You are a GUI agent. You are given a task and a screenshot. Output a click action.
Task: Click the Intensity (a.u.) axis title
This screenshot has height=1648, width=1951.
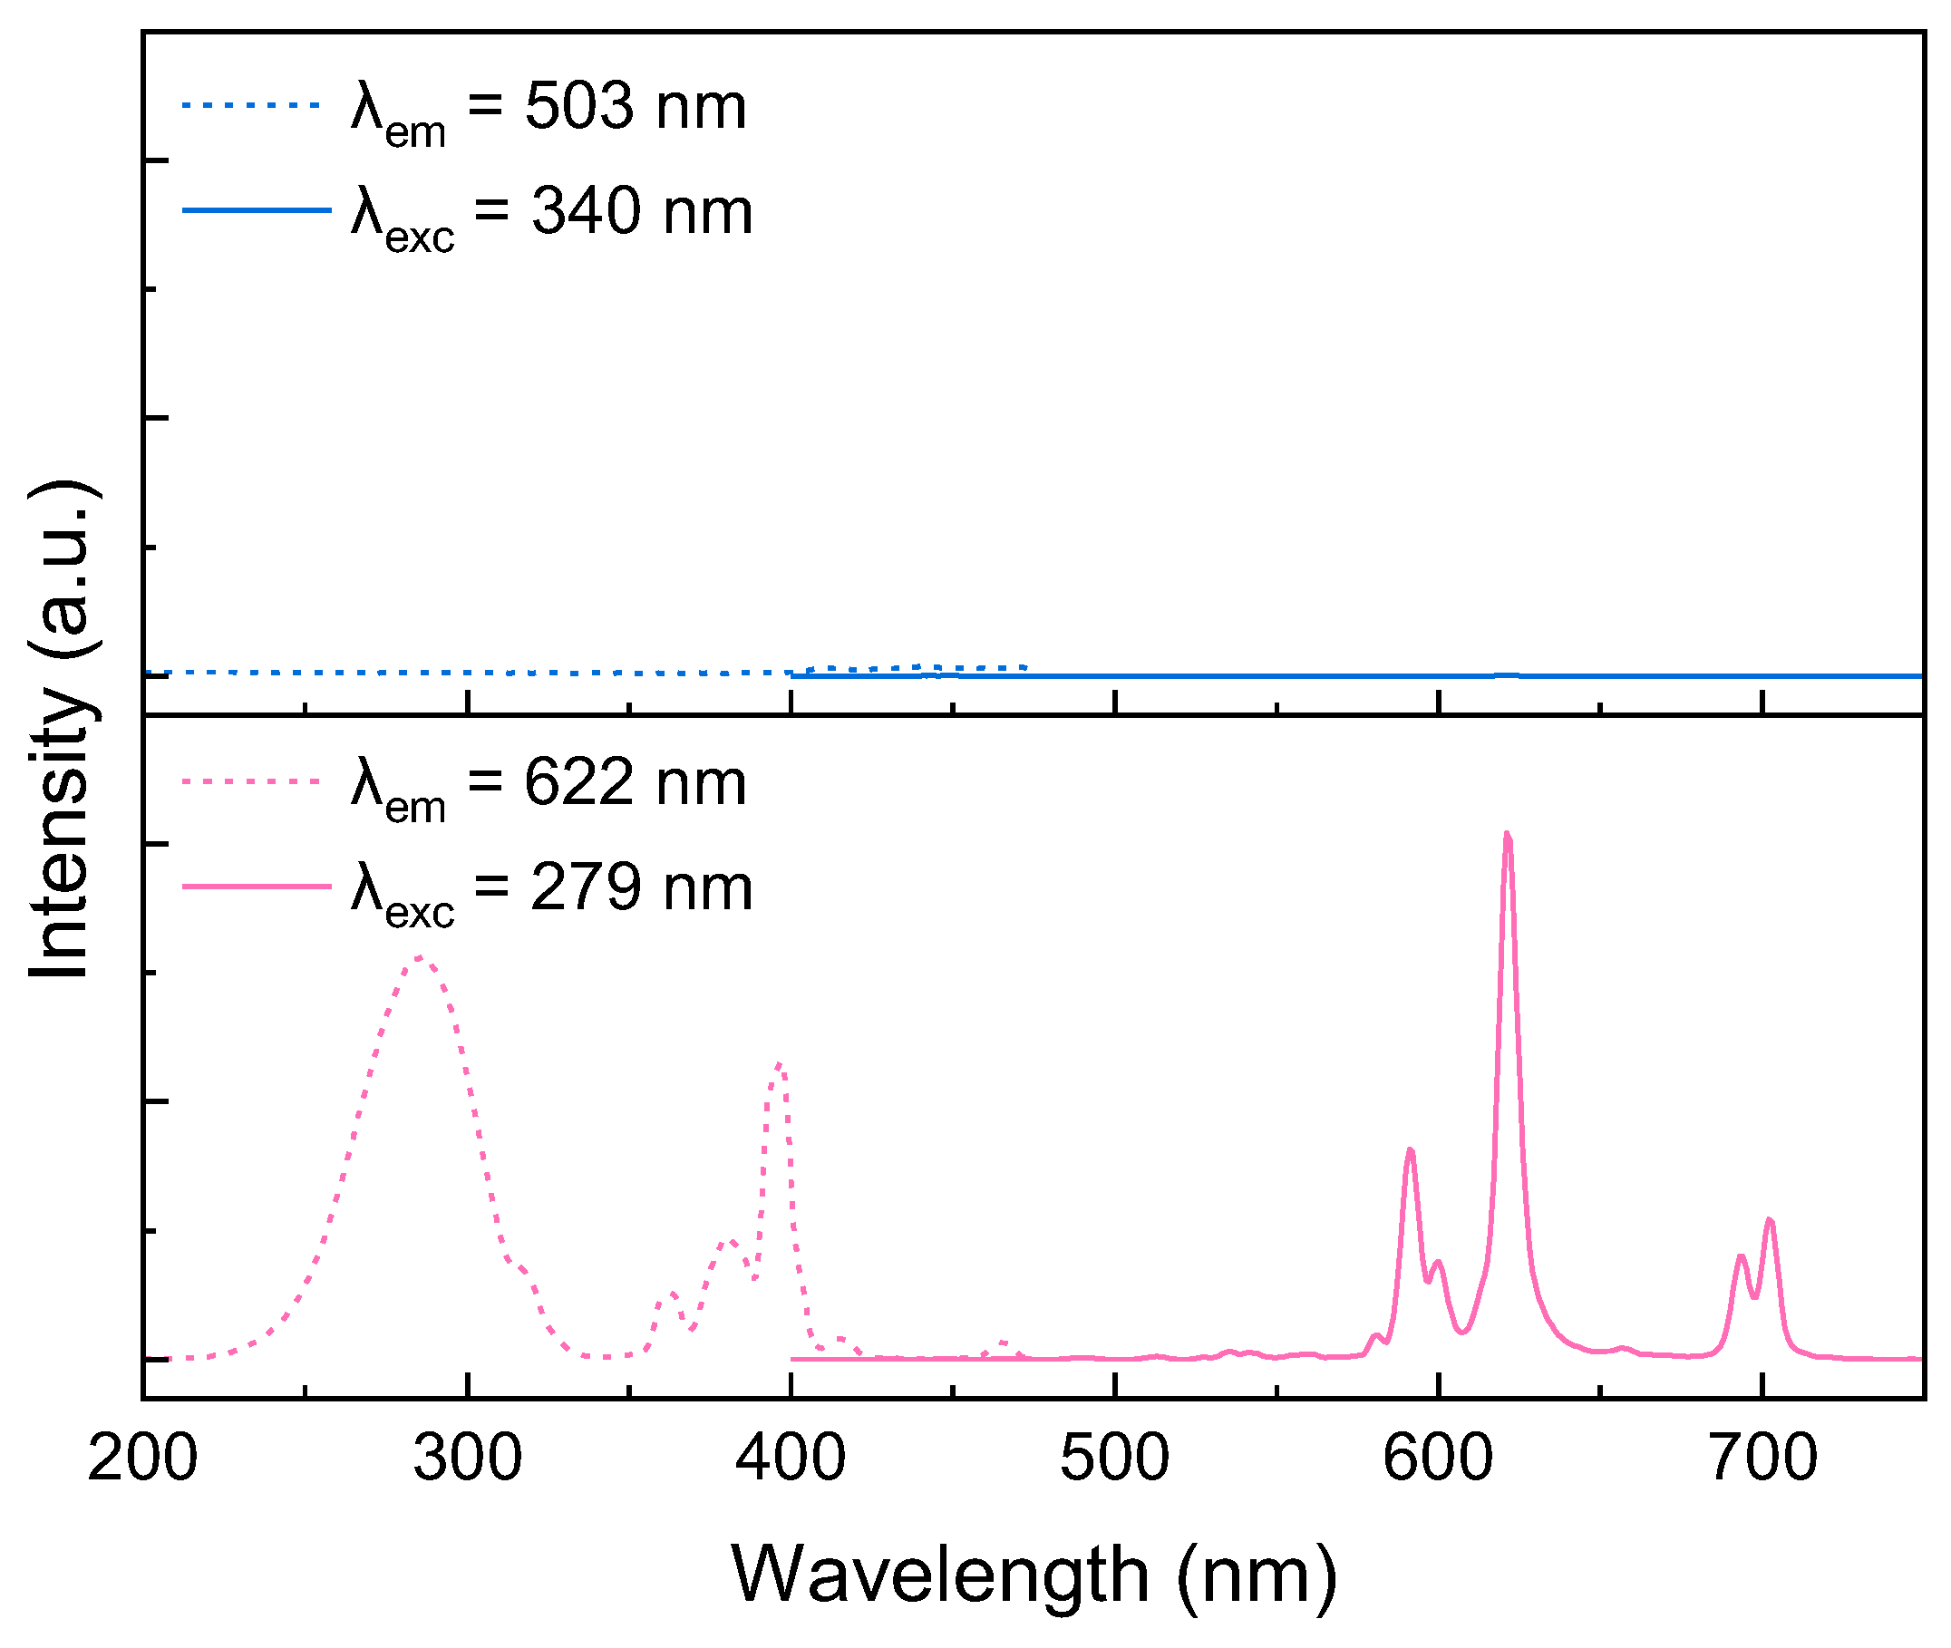coord(60,730)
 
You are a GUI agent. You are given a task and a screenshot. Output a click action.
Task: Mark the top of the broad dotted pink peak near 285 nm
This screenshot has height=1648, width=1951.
coord(420,957)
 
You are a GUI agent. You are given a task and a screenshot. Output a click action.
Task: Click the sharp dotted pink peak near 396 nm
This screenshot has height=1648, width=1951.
coord(779,1064)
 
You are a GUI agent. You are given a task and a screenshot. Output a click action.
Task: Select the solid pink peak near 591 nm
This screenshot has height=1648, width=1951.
coord(1410,1150)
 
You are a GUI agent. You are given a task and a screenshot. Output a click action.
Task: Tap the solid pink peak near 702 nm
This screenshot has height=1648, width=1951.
coord(1769,1221)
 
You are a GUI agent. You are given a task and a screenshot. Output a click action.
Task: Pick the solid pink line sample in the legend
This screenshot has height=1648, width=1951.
coord(257,886)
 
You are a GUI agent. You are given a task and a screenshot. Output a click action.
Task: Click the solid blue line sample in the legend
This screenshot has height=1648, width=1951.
coord(257,210)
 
